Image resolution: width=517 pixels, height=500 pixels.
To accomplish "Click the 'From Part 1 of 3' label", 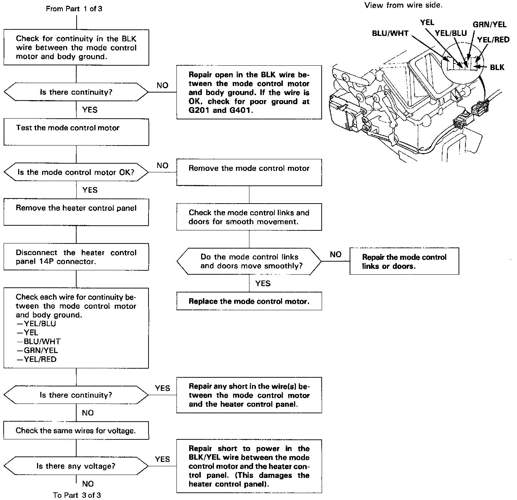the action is click(x=74, y=9).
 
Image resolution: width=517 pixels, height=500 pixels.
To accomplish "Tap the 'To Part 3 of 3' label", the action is click(x=77, y=495).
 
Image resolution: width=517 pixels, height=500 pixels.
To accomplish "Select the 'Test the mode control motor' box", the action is click(x=76, y=132).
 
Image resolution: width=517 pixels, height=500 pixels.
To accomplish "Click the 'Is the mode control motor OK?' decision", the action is click(x=76, y=172).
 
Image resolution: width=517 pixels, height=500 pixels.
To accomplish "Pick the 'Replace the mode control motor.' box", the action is click(x=249, y=301).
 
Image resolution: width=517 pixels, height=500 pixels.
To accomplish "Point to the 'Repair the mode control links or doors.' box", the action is click(x=404, y=261).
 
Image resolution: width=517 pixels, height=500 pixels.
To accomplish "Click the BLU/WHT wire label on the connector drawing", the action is click(x=390, y=33).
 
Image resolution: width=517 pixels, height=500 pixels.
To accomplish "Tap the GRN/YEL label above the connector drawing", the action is click(x=489, y=24).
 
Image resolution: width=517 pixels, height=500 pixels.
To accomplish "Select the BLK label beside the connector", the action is click(x=497, y=67).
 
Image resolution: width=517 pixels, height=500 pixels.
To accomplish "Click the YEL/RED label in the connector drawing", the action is click(x=493, y=40).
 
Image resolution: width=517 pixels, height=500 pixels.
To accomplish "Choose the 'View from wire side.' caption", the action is click(x=403, y=5).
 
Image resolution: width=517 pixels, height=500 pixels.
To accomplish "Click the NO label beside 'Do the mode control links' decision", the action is click(x=335, y=254).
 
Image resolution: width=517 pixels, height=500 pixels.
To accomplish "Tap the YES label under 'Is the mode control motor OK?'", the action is click(x=90, y=190).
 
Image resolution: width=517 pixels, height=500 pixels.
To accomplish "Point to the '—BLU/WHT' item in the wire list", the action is click(x=39, y=341).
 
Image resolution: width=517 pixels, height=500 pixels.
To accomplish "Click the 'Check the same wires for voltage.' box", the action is click(x=76, y=430).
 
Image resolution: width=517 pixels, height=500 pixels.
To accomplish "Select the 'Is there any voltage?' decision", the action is click(x=76, y=466).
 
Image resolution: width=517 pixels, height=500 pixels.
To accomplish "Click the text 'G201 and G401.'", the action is click(x=221, y=110).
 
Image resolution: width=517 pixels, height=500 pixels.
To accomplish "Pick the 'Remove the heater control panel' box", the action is click(x=76, y=212).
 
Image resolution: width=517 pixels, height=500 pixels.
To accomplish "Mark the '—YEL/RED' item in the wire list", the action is click(x=37, y=359).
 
